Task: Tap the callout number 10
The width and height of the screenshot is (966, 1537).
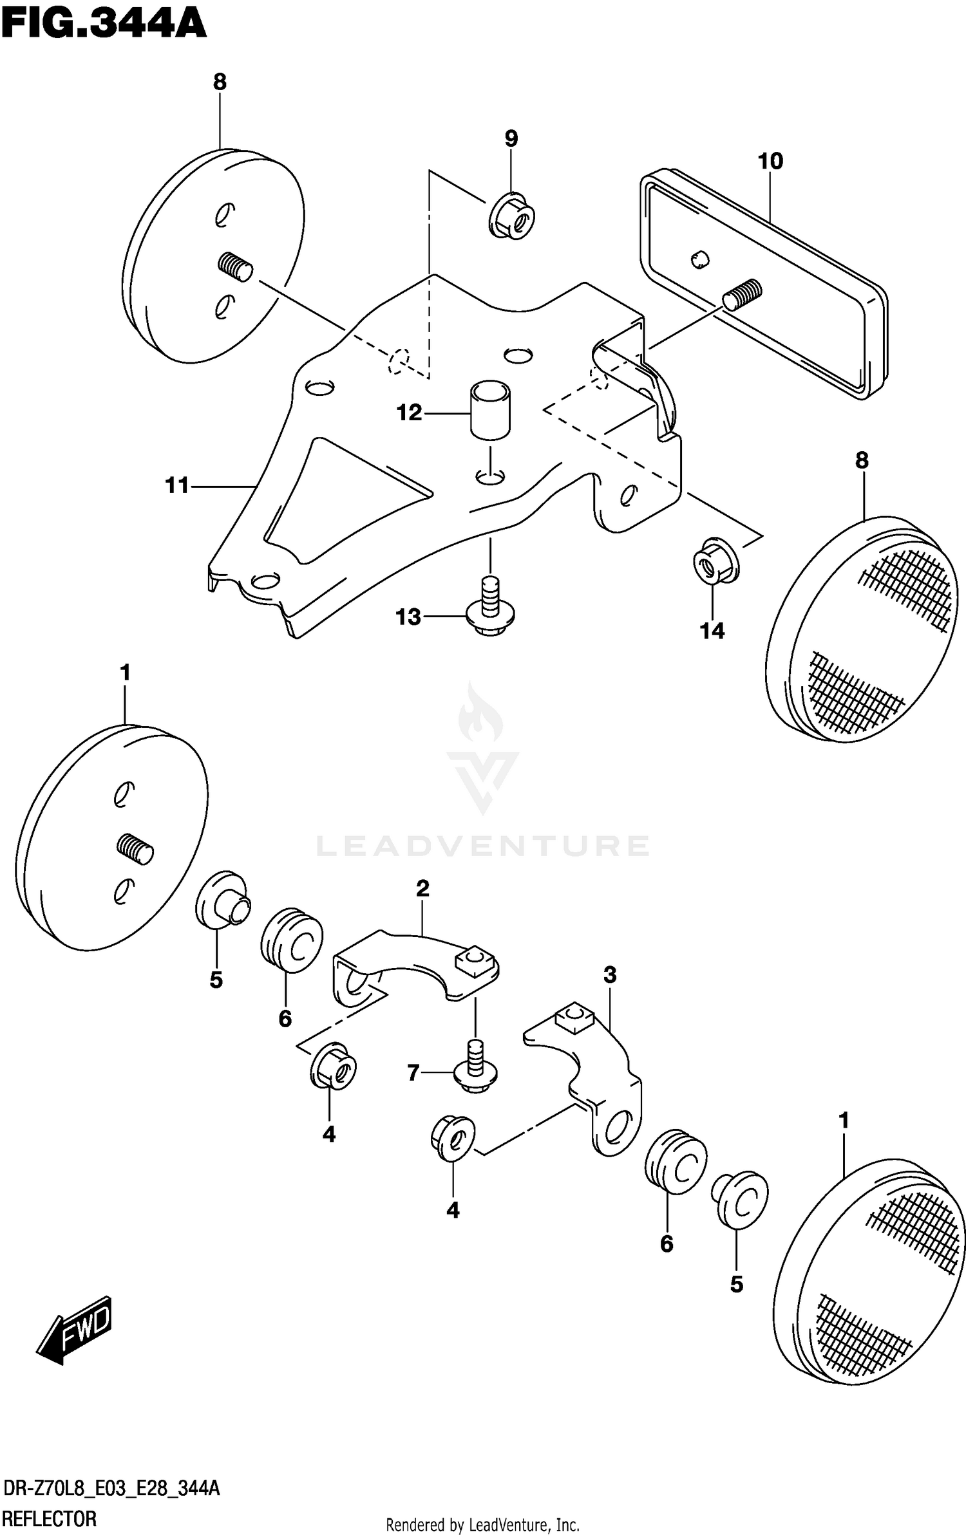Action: pos(770,161)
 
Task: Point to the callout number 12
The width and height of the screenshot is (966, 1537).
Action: pos(409,413)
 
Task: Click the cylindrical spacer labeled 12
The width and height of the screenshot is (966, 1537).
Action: pos(490,410)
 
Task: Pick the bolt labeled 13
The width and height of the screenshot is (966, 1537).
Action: pos(491,607)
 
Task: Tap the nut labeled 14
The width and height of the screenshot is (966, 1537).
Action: pos(715,562)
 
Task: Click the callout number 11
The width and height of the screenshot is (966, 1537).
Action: pos(177,485)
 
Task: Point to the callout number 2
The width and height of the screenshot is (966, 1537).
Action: pos(422,889)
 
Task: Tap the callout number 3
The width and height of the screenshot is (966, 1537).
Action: pos(610,975)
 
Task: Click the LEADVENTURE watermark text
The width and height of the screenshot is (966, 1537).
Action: pos(483,846)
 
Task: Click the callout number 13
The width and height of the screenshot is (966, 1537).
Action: pos(408,617)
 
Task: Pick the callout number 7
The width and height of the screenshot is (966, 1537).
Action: pos(413,1072)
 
